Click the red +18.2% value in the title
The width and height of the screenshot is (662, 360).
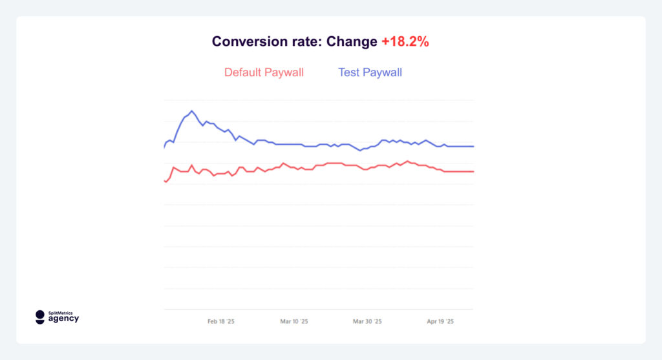tap(405, 42)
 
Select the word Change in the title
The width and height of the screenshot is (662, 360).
tap(352, 42)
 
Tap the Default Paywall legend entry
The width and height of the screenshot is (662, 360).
tap(264, 72)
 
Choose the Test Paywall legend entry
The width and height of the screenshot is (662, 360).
tap(370, 72)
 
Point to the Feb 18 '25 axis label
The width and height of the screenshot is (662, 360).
tap(220, 321)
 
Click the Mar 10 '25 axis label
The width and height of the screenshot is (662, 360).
tap(294, 321)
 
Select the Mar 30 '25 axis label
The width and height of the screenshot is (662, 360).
tap(367, 321)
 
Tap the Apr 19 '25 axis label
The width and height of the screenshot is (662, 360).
tap(440, 321)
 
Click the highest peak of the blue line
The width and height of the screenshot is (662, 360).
tap(191, 111)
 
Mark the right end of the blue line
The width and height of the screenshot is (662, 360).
tap(474, 146)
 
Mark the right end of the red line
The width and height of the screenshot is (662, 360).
tap(474, 171)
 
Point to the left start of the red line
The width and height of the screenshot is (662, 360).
tap(164, 180)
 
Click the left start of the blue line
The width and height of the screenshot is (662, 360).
tap(164, 148)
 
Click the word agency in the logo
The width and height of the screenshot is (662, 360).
tap(64, 319)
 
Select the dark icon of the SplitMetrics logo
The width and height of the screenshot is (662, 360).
tap(40, 317)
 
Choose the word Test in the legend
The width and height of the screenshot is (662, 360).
tap(349, 72)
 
